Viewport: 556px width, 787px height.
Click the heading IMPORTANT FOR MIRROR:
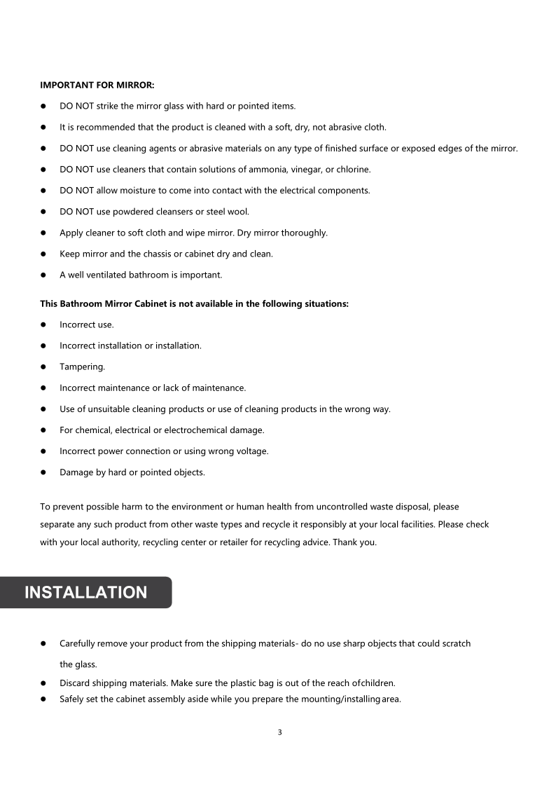[97, 85]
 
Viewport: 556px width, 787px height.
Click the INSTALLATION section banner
[85, 592]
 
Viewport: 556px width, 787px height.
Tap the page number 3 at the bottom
[279, 732]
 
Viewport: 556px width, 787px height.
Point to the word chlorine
[353, 170]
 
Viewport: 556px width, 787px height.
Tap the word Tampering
[82, 367]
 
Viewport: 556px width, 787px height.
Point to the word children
[377, 683]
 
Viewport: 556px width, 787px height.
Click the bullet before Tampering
[43, 367]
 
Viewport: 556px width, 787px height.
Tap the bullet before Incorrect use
[43, 325]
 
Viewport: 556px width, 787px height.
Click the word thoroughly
[302, 233]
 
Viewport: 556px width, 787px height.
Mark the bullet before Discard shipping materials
[43, 683]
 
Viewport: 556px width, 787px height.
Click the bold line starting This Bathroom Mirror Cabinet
[194, 304]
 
